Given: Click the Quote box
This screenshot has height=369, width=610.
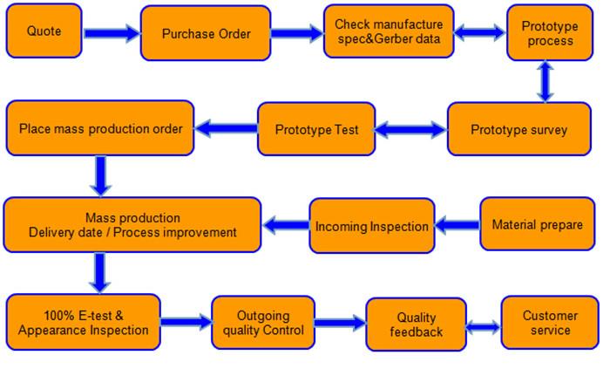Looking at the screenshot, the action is coord(44,31).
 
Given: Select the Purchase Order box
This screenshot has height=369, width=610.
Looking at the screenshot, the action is coord(206,33).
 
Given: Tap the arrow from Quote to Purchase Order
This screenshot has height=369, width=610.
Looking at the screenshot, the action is coord(112,33).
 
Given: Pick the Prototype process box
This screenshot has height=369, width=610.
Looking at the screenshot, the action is coord(550,33).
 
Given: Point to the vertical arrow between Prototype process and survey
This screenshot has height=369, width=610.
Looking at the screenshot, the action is coord(545,82).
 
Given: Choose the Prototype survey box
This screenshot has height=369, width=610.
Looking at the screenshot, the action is coord(519,129).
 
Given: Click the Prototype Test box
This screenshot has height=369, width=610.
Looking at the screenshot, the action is coord(316,129).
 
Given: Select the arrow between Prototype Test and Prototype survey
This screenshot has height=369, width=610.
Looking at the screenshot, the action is coord(410,130).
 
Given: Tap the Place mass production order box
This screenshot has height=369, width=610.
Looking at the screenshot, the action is coord(100,128).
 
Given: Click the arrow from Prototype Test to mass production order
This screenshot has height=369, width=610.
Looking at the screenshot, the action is coord(226,128).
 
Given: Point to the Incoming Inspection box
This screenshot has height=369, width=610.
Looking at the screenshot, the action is coord(372,226).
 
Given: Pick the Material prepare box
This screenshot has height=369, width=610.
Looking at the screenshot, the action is coord(538,224).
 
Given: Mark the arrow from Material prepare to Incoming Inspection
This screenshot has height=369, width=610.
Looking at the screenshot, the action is coord(457,225).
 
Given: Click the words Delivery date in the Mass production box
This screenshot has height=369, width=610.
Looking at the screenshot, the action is coord(65,233).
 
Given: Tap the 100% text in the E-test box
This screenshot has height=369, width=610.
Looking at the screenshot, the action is coord(59,315).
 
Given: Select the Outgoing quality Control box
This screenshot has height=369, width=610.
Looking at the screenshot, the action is coord(263,323).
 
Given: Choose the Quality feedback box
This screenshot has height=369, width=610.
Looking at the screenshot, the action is coord(416,325).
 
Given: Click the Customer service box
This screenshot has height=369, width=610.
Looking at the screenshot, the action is coord(550,323).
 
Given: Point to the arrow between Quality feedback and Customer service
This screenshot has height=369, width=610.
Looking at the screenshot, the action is coord(484,327).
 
